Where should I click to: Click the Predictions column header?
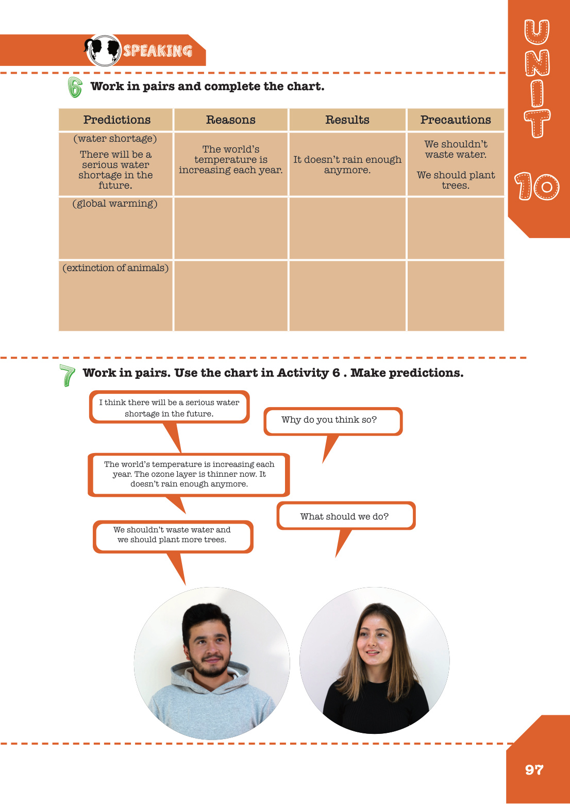[117, 120]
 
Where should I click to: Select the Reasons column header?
[231, 120]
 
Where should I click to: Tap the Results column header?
[347, 120]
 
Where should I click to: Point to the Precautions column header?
[456, 120]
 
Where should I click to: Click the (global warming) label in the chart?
[115, 204]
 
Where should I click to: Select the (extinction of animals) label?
[115, 268]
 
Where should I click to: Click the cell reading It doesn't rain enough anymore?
[347, 165]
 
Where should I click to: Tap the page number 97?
[534, 770]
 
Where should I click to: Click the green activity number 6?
[75, 87]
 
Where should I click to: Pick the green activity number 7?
[67, 375]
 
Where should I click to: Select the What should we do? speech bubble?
[345, 516]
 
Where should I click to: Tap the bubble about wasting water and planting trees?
[172, 535]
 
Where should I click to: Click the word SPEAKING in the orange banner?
[157, 51]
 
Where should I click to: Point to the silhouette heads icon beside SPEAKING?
[103, 50]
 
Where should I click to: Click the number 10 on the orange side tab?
[537, 187]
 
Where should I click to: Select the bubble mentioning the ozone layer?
[189, 474]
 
